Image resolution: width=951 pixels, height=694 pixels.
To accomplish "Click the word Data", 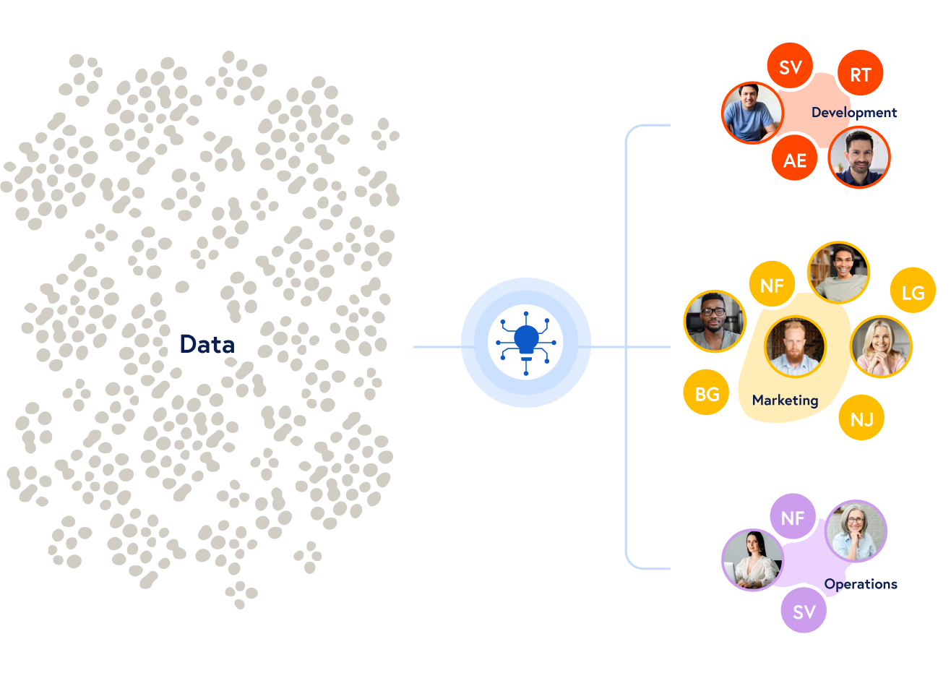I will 207,344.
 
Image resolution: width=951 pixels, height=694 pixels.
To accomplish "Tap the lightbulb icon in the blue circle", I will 526,342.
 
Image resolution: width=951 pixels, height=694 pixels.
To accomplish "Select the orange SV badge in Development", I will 790,67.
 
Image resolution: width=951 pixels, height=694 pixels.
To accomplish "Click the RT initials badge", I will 860,74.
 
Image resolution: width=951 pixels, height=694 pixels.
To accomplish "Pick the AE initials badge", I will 794,160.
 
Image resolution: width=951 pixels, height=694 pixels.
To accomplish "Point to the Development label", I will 853,113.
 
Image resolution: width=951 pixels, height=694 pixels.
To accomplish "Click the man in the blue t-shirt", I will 752,113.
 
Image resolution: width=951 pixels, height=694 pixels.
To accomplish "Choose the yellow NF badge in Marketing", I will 772,286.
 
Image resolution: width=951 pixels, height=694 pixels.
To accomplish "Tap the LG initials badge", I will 913,292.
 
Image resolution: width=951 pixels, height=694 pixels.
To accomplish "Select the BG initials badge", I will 706,393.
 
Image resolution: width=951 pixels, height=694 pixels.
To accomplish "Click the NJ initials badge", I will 861,419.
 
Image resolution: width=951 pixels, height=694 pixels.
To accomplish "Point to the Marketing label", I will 785,400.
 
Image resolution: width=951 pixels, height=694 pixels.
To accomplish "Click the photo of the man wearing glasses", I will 714,321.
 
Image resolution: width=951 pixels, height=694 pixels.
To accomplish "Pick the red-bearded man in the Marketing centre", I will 794,346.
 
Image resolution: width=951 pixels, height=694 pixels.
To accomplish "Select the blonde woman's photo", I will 881,346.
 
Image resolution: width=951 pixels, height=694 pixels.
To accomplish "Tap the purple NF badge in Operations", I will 792,518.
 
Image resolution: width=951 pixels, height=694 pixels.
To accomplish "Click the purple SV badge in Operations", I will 804,612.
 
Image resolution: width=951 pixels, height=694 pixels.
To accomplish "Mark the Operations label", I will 860,584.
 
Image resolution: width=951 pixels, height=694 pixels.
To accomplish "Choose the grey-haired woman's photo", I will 855,531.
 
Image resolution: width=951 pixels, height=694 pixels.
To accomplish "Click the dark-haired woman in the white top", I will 752,560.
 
